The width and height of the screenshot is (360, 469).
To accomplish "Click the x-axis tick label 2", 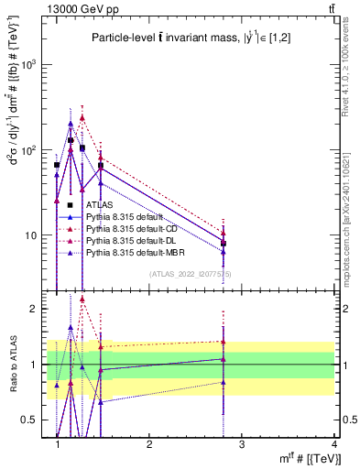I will [149, 444].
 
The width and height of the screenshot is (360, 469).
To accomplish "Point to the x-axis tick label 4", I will [335, 444].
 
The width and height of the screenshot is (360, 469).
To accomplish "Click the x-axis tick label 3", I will [242, 444].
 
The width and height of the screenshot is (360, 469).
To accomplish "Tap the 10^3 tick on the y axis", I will [29, 65].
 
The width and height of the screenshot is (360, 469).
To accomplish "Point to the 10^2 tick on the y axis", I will [29, 150].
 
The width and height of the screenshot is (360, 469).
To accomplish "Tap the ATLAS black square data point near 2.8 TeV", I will [224, 243].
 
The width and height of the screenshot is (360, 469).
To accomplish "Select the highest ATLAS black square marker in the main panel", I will [71, 140].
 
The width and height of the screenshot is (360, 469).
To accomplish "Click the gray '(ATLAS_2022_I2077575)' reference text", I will [191, 273].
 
